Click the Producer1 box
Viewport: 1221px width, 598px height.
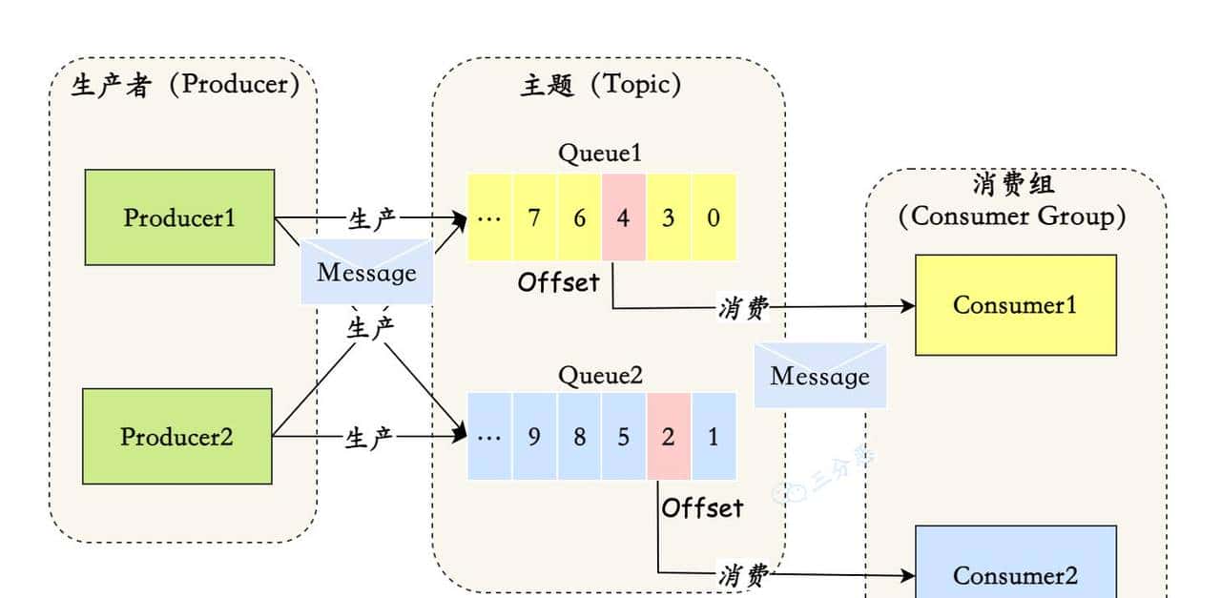179,217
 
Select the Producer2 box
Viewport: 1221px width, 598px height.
176,437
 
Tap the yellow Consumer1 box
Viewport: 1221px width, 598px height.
1015,305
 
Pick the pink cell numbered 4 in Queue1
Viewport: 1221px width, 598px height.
624,218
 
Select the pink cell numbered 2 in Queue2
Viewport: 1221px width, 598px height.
668,437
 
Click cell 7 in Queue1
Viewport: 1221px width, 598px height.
534,218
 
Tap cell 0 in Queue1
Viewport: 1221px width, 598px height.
714,218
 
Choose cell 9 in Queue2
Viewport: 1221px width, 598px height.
534,437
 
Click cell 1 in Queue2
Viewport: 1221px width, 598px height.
714,437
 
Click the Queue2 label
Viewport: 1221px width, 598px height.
601,376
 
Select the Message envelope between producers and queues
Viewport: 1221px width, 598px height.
366,273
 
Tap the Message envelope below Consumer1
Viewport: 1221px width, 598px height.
819,376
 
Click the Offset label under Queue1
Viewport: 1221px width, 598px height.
559,282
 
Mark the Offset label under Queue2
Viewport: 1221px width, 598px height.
702,508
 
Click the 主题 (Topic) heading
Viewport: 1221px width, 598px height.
601,86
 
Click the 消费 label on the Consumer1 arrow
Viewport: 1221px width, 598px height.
743,307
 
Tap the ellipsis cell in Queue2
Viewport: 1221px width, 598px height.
489,437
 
